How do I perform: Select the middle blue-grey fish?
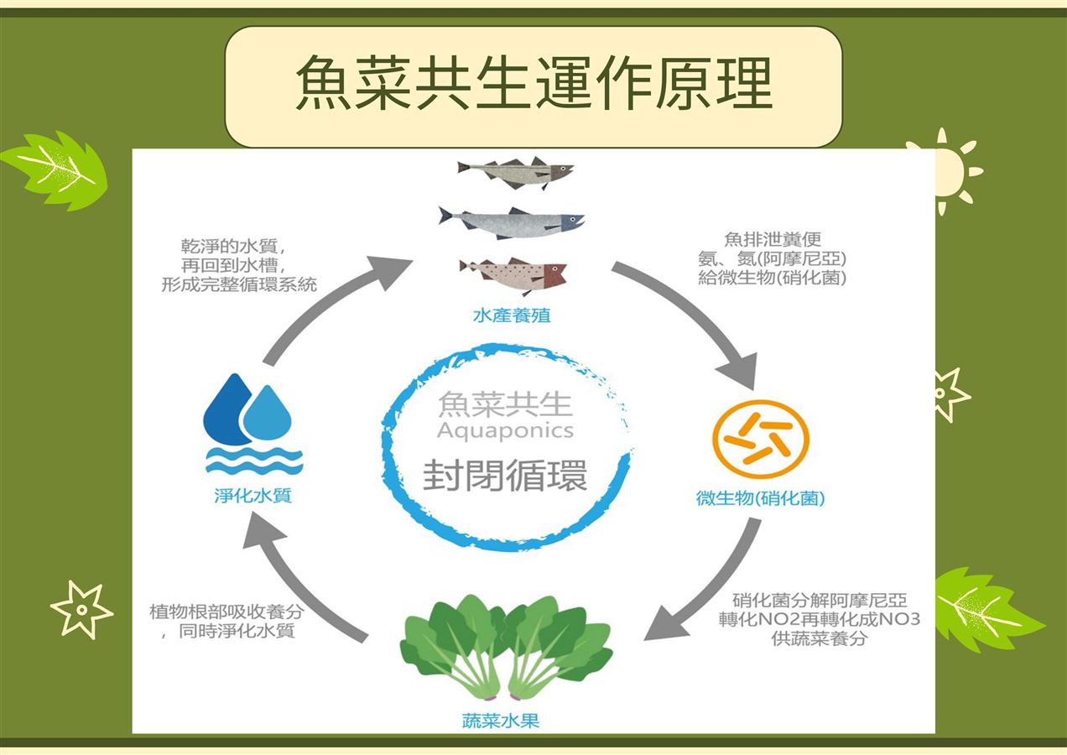512,221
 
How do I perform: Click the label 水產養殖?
512,316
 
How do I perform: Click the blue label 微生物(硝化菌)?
761,498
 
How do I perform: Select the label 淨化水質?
252,495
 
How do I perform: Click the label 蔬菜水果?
501,721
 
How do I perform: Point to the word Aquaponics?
505,431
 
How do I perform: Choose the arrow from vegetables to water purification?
302,579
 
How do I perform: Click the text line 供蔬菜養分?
820,638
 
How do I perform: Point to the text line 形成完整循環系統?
239,284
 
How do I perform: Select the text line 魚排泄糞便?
772,240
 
